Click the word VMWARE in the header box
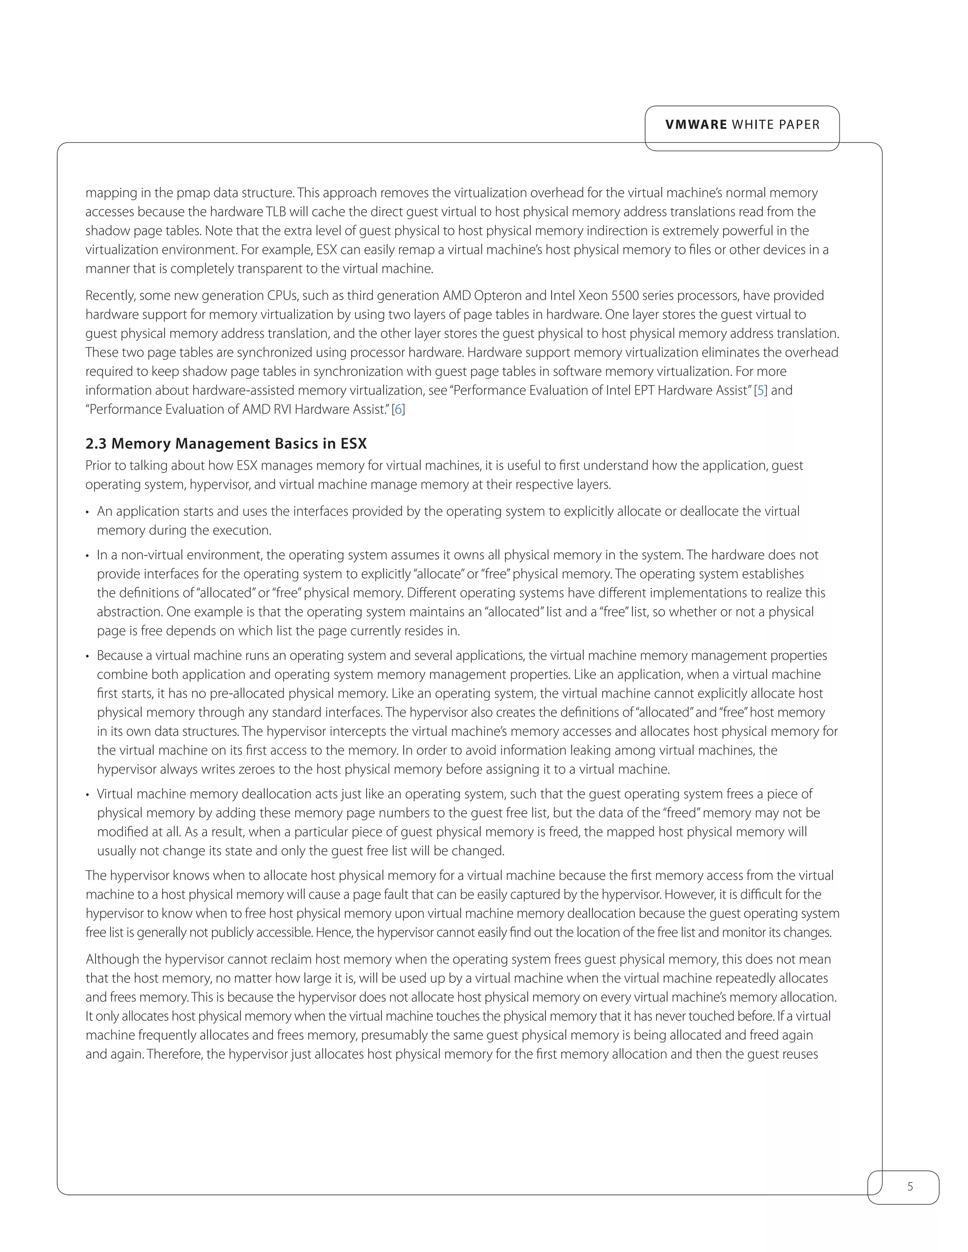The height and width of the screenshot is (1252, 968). point(696,125)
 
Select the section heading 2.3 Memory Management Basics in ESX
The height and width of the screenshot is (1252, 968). point(226,444)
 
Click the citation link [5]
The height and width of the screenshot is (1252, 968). point(761,390)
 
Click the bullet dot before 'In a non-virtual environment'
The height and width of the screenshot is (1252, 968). point(88,556)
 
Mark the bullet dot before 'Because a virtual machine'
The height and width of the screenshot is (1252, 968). point(88,656)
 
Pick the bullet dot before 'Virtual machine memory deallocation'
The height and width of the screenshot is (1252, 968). point(88,795)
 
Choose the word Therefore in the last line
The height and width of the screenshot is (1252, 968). point(174,1054)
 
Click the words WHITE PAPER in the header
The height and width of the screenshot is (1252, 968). point(776,125)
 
